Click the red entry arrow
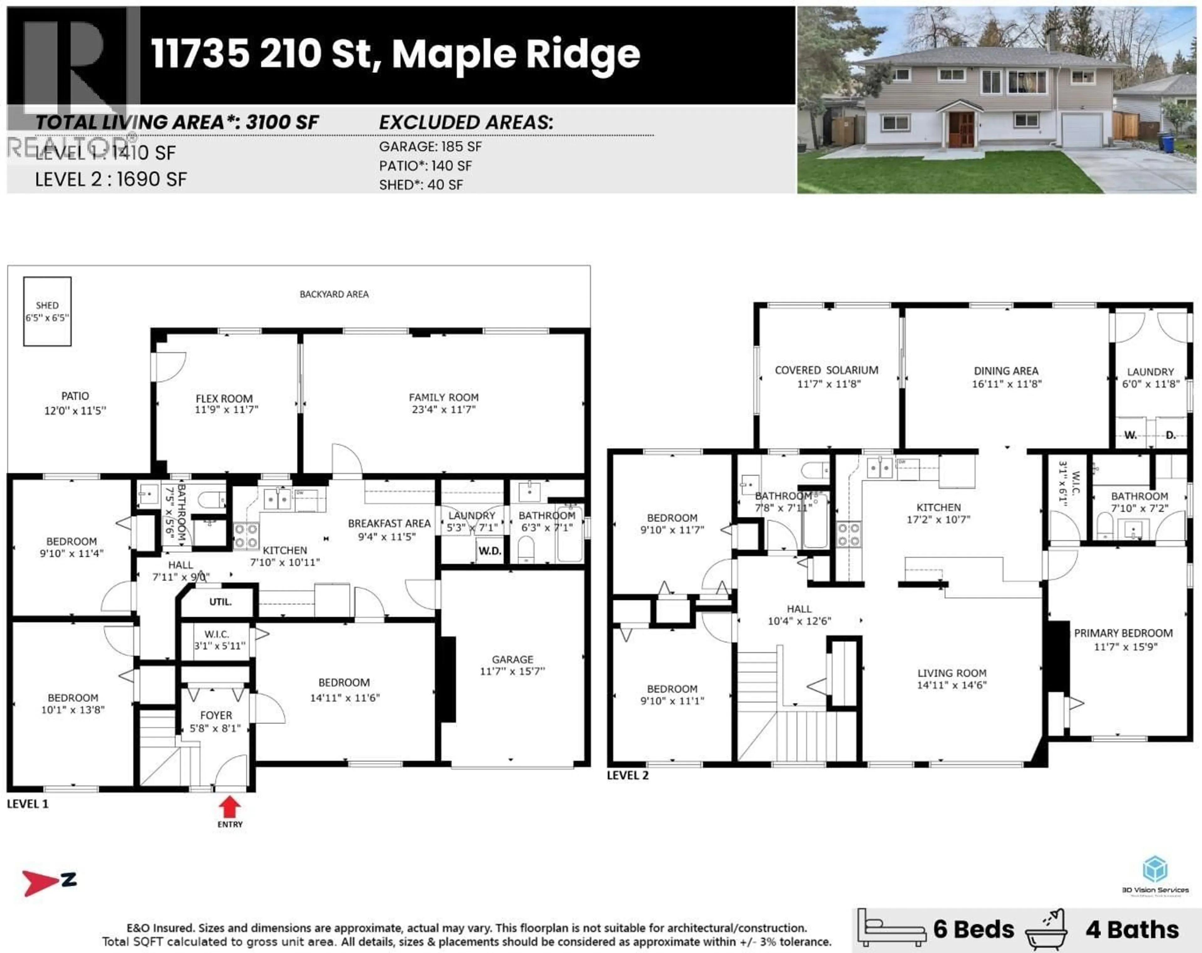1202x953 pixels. pyautogui.click(x=230, y=806)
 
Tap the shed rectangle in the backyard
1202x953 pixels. pyautogui.click(x=47, y=311)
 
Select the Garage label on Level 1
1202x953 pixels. pyautogui.click(x=512, y=659)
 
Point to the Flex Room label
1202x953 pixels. pyautogui.click(x=224, y=398)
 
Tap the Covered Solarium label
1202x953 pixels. pyautogui.click(x=826, y=370)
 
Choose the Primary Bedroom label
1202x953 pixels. pyautogui.click(x=1123, y=633)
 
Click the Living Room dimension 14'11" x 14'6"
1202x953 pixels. pyautogui.click(x=952, y=685)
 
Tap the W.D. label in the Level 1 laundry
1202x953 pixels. pyautogui.click(x=490, y=551)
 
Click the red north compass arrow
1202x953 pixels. pyautogui.click(x=40, y=883)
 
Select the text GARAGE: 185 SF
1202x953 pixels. pyautogui.click(x=430, y=147)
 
